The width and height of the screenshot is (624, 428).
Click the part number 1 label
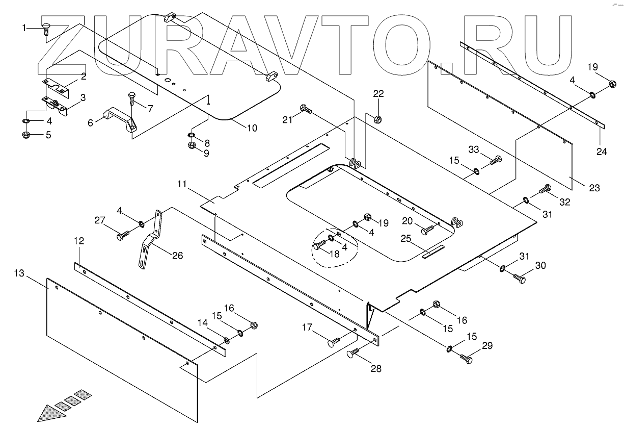tap(23, 28)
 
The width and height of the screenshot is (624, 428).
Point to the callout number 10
tap(252, 128)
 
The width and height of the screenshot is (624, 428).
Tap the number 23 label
tap(594, 188)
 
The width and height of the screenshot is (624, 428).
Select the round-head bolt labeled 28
tap(355, 352)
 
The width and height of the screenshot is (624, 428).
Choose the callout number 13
tap(19, 274)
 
